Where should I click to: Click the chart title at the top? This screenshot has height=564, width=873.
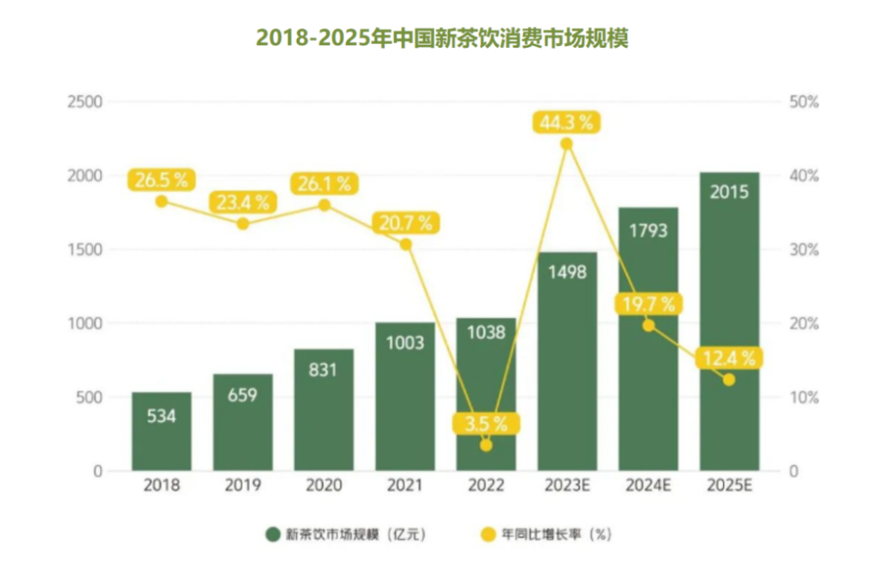tap(442, 38)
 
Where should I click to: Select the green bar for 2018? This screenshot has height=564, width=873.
tap(162, 431)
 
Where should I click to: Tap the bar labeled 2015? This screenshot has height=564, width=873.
tap(729, 321)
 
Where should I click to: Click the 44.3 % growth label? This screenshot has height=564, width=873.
tap(566, 123)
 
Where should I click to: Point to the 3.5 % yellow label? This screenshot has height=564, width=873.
tap(486, 424)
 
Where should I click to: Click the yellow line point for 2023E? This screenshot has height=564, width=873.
tap(566, 144)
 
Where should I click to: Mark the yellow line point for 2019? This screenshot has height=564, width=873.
tap(243, 224)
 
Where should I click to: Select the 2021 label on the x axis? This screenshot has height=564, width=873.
tap(405, 485)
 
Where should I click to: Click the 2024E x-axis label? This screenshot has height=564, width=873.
tap(648, 485)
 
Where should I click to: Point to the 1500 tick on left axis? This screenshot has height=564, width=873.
tap(85, 249)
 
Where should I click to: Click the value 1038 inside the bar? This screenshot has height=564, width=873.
tap(486, 333)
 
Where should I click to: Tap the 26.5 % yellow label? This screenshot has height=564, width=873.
tap(161, 180)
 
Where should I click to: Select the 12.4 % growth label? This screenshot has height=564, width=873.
tap(729, 358)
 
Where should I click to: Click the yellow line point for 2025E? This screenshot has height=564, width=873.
tap(729, 380)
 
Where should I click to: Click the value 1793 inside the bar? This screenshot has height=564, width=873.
tap(648, 231)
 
